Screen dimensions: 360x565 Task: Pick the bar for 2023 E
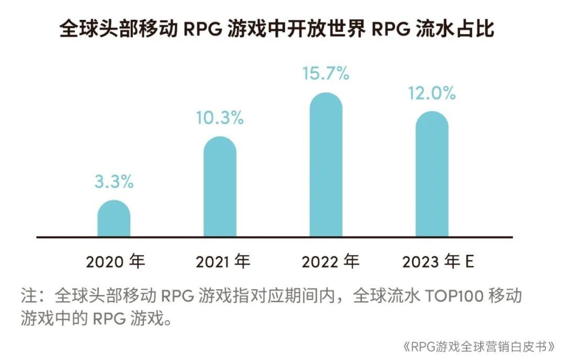(432, 175)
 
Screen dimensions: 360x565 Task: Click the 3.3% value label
(114, 182)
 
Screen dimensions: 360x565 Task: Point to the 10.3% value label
(220, 118)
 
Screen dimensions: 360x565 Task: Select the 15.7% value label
(326, 74)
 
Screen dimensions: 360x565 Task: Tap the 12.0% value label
(432, 94)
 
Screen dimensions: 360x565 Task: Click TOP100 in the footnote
(455, 296)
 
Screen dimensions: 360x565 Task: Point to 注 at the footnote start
(29, 296)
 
